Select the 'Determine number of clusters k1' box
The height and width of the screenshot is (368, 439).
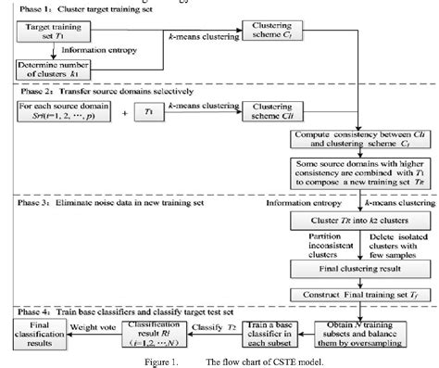[x=56, y=70]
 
